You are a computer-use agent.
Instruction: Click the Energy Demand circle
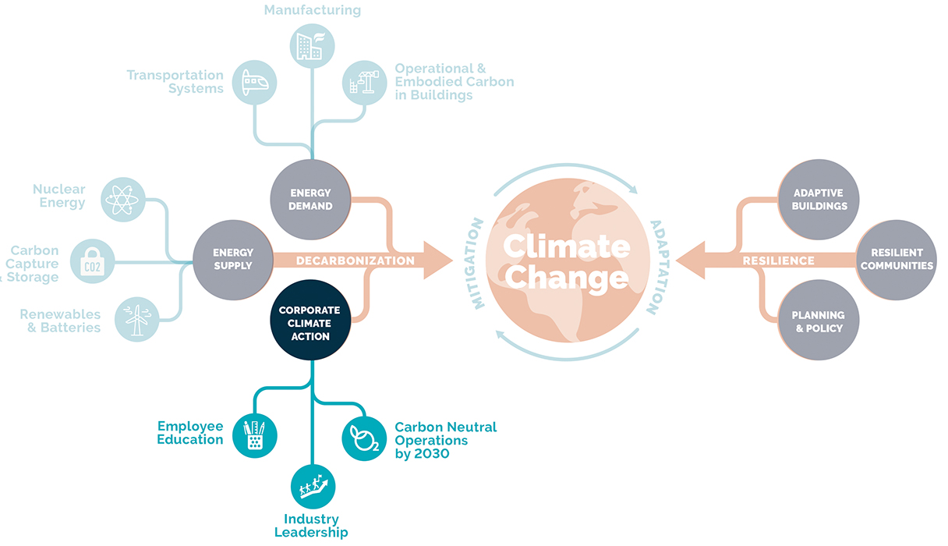click(x=310, y=200)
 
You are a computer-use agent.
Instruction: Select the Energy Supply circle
click(x=233, y=260)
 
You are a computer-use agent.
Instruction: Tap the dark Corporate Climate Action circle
click(x=310, y=320)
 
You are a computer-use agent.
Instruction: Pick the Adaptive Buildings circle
click(x=819, y=200)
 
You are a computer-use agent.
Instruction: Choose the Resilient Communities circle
click(x=897, y=260)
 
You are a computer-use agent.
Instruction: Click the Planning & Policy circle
click(x=819, y=320)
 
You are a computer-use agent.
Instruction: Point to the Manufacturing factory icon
click(x=313, y=46)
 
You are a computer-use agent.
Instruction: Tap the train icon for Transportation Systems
click(x=255, y=83)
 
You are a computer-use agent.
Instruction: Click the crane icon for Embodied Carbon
click(x=364, y=83)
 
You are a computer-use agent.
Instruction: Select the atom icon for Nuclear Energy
click(x=123, y=200)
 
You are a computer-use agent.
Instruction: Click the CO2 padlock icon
click(x=93, y=261)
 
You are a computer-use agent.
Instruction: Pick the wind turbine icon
click(x=137, y=319)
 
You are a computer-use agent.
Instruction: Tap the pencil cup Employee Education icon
click(x=255, y=435)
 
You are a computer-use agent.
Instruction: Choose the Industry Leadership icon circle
click(x=313, y=487)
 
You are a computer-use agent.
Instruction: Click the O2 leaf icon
click(x=364, y=438)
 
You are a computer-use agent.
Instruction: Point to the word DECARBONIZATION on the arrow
click(x=355, y=261)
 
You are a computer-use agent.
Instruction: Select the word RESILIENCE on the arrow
click(x=778, y=261)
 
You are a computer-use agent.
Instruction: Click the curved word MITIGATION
click(x=475, y=263)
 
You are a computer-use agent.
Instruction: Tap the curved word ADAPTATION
click(x=659, y=268)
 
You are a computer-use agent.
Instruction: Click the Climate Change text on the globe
click(x=567, y=261)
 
